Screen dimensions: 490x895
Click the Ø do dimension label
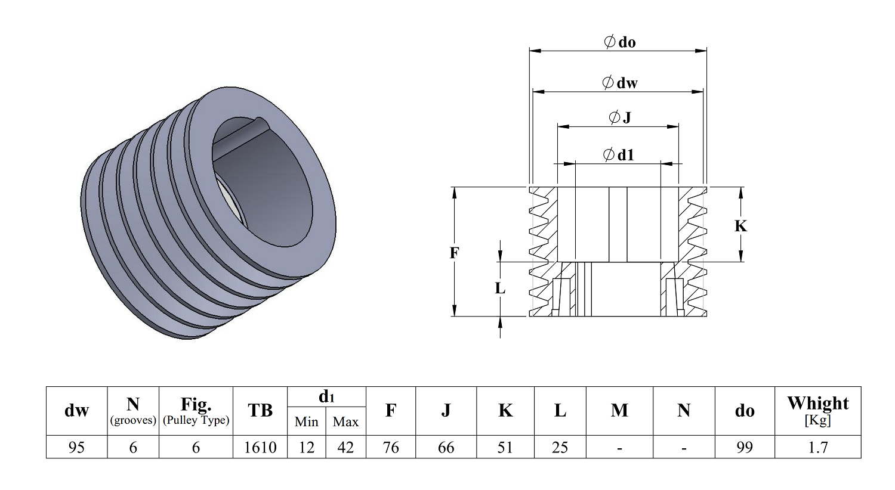619,42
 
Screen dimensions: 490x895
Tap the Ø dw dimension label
619,83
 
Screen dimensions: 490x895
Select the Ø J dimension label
619,117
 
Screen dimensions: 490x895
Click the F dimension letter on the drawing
454,253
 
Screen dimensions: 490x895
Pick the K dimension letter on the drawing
740,226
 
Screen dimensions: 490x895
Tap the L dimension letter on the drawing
500,289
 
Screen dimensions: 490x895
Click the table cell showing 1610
260,447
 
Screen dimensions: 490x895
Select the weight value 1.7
817,447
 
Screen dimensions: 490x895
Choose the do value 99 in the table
744,447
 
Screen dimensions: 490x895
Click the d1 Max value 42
345,447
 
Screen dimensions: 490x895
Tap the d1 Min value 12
306,447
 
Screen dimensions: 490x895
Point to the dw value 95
76,447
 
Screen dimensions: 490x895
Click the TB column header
260,411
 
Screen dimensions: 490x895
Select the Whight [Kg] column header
817,410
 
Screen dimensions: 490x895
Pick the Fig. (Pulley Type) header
196,411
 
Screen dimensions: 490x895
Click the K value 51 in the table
505,447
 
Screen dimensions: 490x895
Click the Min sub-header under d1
306,422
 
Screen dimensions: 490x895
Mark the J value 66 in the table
446,447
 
